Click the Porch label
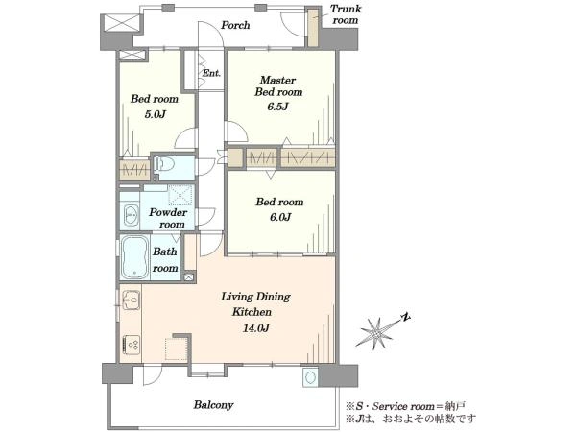click(235, 25)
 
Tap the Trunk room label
click(346, 14)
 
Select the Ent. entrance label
click(211, 73)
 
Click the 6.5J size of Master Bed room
click(277, 107)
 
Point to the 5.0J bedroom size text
click(155, 114)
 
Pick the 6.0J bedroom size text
click(280, 217)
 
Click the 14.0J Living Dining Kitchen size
click(256, 327)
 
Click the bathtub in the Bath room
click(134, 256)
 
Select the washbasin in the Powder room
click(131, 215)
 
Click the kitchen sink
click(131, 300)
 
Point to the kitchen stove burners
click(132, 345)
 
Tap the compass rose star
click(376, 333)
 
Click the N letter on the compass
click(405, 318)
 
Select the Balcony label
click(213, 405)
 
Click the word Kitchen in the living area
click(252, 312)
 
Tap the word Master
click(278, 80)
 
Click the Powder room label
click(168, 218)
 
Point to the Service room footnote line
click(405, 406)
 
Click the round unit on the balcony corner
click(310, 377)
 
